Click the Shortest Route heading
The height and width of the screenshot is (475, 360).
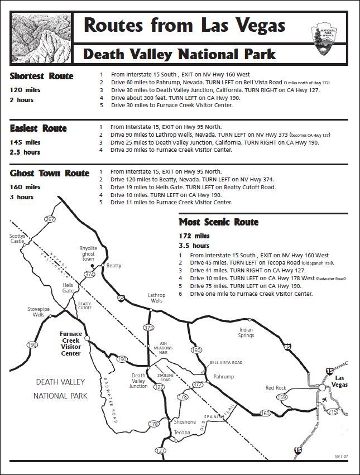pos(41,76)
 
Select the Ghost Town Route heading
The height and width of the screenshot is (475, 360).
pos(50,173)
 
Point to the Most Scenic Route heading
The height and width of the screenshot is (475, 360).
pos(218,222)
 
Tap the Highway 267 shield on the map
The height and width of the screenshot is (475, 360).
pos(50,219)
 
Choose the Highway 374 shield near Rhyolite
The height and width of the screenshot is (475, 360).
pos(89,274)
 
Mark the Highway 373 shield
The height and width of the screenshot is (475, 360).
pos(148,327)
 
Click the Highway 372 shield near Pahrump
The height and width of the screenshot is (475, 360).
pos(197,385)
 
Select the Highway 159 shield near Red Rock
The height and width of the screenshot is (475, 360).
pos(282,397)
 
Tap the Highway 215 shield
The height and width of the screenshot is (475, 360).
pos(333,411)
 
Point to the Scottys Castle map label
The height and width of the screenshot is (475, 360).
pos(17,238)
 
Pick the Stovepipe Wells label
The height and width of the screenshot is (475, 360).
pos(36,311)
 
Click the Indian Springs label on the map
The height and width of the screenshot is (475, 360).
pos(246,333)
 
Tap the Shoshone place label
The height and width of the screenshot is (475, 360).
pos(185,422)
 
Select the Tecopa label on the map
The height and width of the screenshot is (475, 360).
pos(182,433)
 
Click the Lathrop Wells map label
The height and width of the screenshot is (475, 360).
pos(156,298)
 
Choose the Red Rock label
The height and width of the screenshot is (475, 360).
pos(275,387)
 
